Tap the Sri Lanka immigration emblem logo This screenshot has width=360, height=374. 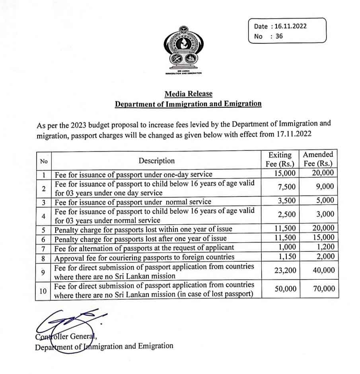click(184, 50)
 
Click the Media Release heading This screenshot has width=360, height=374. click(189, 94)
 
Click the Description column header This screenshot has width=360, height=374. click(156, 161)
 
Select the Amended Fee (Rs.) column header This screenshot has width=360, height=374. click(318, 159)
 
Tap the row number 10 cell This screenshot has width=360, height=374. click(43, 291)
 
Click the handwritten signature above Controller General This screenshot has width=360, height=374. click(66, 320)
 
